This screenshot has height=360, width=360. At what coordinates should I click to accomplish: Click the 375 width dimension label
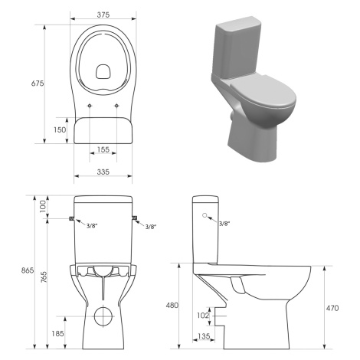[103, 15]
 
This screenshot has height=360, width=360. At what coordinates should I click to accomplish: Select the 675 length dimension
[38, 83]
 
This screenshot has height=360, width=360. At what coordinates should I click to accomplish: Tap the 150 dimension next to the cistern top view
[60, 129]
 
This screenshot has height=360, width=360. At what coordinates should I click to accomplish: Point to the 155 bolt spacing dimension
[103, 149]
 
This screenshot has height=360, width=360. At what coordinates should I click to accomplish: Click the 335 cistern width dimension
[103, 172]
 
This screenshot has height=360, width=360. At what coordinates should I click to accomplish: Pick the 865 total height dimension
[28, 270]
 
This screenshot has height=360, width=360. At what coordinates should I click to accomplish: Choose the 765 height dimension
[44, 277]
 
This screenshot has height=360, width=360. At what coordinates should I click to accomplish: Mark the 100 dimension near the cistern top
[43, 206]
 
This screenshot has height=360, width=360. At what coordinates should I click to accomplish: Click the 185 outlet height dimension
[57, 333]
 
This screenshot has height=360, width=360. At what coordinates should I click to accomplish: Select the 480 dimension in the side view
[172, 305]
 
